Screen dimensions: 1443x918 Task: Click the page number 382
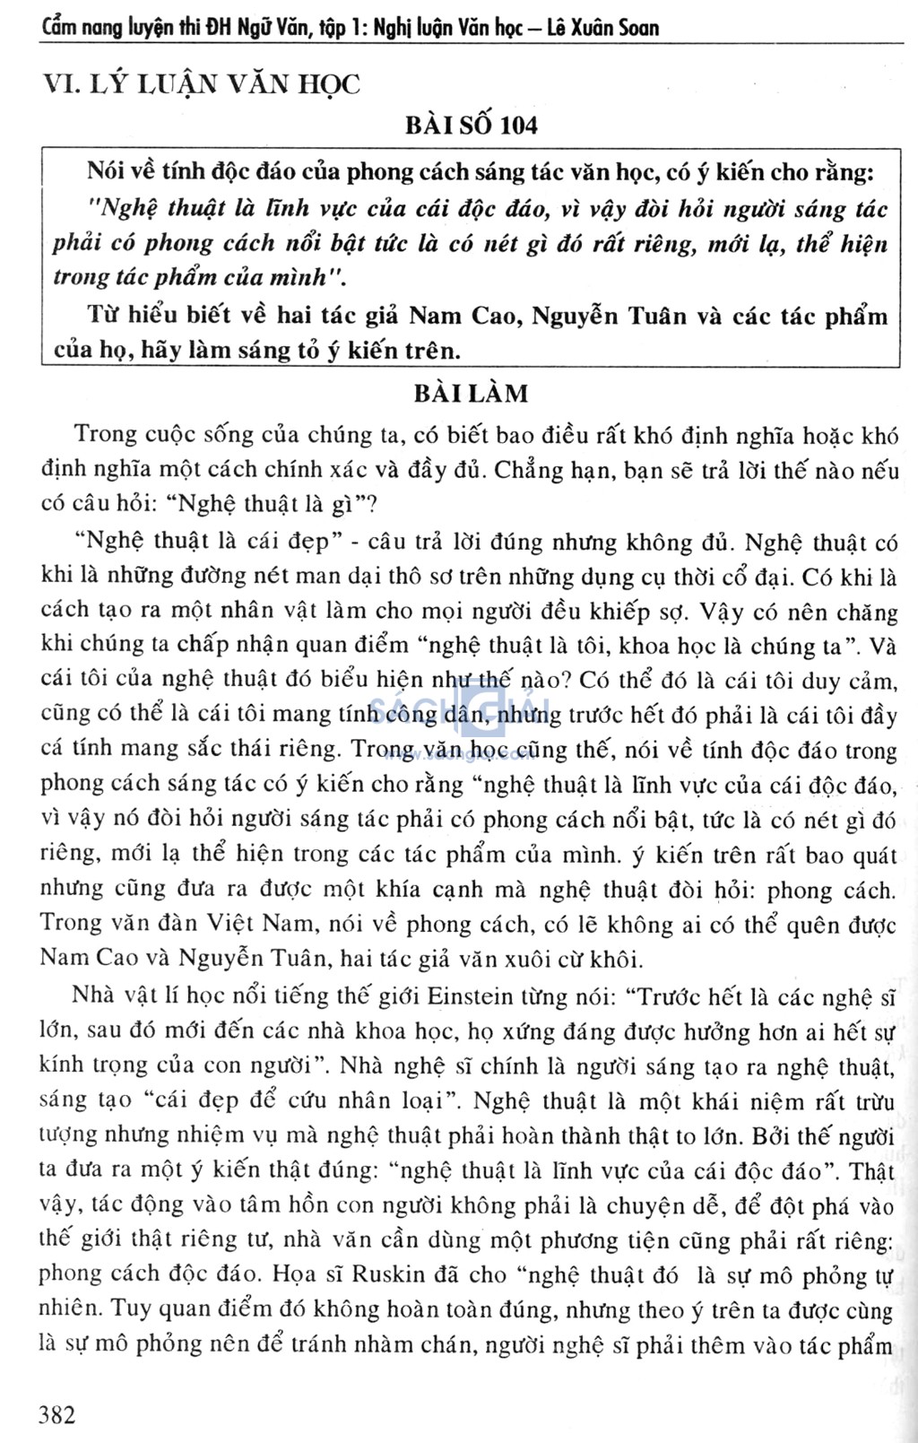point(58,1415)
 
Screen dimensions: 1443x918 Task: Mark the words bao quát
point(852,855)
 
